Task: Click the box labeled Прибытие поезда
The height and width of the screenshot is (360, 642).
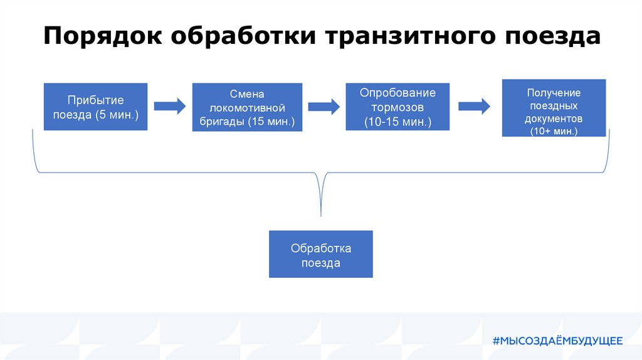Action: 95,107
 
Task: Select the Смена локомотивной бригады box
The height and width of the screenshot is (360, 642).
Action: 247,107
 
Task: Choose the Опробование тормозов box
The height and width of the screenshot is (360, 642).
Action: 397,107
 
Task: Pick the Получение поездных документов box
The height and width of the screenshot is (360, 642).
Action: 554,108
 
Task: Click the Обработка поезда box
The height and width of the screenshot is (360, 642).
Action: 320,254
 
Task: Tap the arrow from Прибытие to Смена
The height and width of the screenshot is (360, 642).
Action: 170,106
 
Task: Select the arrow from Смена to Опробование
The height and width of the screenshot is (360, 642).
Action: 324,106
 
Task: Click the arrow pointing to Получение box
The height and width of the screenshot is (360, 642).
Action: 474,106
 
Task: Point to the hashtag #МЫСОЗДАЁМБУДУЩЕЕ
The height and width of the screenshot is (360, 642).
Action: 557,341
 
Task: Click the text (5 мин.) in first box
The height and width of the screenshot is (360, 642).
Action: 117,115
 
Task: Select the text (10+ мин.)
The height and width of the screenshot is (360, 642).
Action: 554,131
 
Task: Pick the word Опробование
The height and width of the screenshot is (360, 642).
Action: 397,92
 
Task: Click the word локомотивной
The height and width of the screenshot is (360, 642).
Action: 247,107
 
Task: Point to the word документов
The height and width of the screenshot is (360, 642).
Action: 554,119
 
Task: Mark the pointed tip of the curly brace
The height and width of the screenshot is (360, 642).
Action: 320,215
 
